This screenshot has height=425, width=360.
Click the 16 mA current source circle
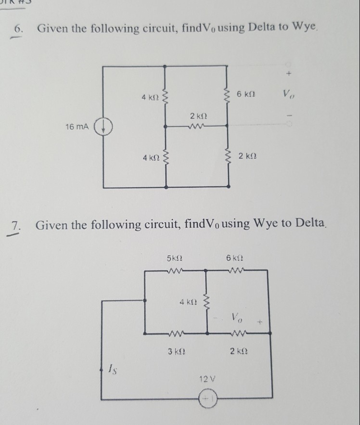(x=103, y=129)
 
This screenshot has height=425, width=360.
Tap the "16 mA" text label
(x=77, y=127)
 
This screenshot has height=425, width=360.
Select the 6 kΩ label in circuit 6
(x=246, y=95)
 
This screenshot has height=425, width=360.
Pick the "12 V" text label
(x=206, y=379)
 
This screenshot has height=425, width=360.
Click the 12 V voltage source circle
(x=207, y=399)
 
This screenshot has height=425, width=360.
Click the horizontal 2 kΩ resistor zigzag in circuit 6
(x=197, y=127)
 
